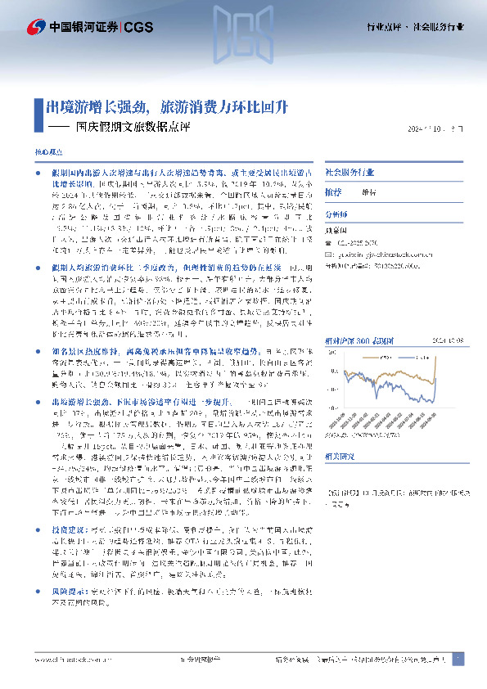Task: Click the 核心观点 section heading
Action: [47, 153]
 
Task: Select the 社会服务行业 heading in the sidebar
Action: [349, 173]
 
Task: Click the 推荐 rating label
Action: [333, 191]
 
